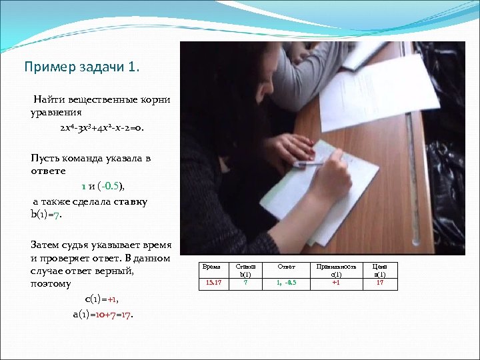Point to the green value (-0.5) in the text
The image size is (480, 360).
coord(111,185)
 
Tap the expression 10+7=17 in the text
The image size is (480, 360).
coord(114,313)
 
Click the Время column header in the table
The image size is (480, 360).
coord(211,267)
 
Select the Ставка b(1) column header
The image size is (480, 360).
coord(245,271)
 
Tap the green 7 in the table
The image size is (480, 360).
coord(245,283)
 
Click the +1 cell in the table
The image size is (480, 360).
coord(336,283)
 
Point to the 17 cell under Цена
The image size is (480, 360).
coord(380,283)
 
